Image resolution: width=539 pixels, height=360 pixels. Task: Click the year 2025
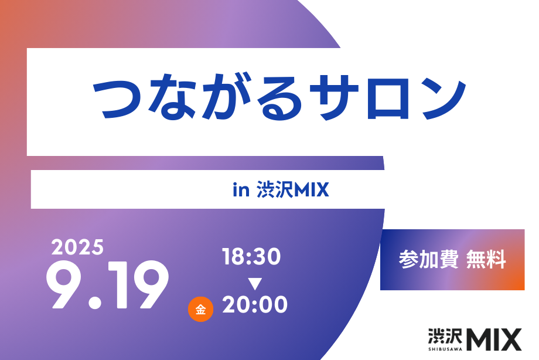(77, 247)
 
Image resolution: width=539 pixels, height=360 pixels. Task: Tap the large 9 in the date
(64, 284)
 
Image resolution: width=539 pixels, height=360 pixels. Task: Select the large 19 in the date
(138, 284)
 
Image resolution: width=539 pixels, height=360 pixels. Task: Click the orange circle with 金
(200, 309)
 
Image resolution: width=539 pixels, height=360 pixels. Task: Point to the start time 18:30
(251, 256)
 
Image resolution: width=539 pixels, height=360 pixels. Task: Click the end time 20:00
(255, 304)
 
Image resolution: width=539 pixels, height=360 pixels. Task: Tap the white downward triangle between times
(255, 284)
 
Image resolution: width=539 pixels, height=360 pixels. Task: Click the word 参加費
(428, 260)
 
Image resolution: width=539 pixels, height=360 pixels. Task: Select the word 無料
(486, 260)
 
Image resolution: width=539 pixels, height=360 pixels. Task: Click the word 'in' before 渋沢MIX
(241, 189)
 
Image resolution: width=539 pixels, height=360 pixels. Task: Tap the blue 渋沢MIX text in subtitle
(292, 189)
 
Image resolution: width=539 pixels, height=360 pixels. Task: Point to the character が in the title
(226, 97)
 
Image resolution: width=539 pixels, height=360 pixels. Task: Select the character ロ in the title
(388, 99)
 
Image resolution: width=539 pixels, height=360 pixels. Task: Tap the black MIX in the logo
(494, 339)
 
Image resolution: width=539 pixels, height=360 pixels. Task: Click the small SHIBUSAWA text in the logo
(445, 349)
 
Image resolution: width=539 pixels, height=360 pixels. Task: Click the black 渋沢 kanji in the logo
(445, 336)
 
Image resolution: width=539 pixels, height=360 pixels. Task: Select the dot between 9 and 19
(95, 303)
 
